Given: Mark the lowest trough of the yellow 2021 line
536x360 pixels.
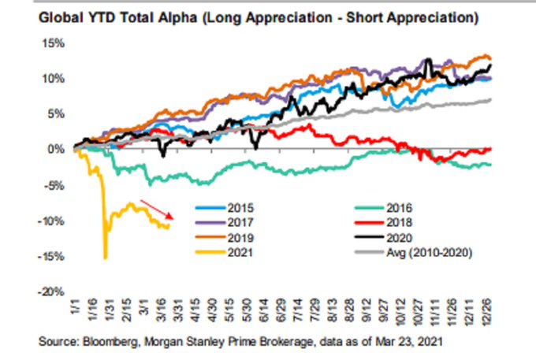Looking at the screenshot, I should (105, 258).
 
